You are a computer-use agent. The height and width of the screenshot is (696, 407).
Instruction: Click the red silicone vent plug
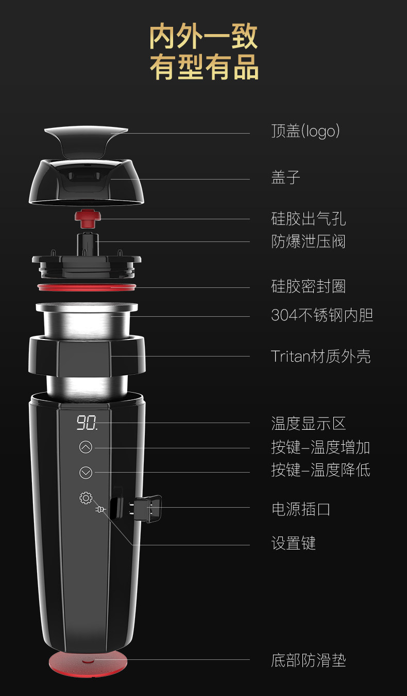coord(88,218)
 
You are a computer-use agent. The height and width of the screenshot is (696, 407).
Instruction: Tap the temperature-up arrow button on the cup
coord(86,447)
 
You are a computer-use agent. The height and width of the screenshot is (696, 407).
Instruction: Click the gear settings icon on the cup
coord(86,498)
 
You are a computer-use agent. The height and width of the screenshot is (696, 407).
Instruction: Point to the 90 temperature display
coord(87,424)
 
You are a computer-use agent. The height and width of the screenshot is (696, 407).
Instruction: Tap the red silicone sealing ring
coord(87,286)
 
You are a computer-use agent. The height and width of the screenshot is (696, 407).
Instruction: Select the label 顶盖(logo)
coord(306,132)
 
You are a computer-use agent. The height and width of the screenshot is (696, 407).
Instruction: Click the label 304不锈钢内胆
coord(322,315)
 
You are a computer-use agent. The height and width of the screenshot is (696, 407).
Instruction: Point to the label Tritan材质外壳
coord(320,357)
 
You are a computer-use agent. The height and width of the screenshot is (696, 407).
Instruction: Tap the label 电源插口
coord(301,509)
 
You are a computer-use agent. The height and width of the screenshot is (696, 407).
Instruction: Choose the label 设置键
coord(293,543)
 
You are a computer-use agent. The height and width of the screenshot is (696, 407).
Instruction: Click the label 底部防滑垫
coord(308,660)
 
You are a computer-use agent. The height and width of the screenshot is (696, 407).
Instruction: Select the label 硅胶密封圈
coord(308,286)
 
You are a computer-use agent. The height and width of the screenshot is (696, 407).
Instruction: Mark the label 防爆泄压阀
coord(308,241)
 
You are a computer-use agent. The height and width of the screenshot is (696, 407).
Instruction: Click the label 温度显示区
coord(308,424)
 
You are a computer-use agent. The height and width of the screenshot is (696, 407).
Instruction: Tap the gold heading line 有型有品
coord(204,68)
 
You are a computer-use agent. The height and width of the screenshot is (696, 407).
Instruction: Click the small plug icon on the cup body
coord(100,510)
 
